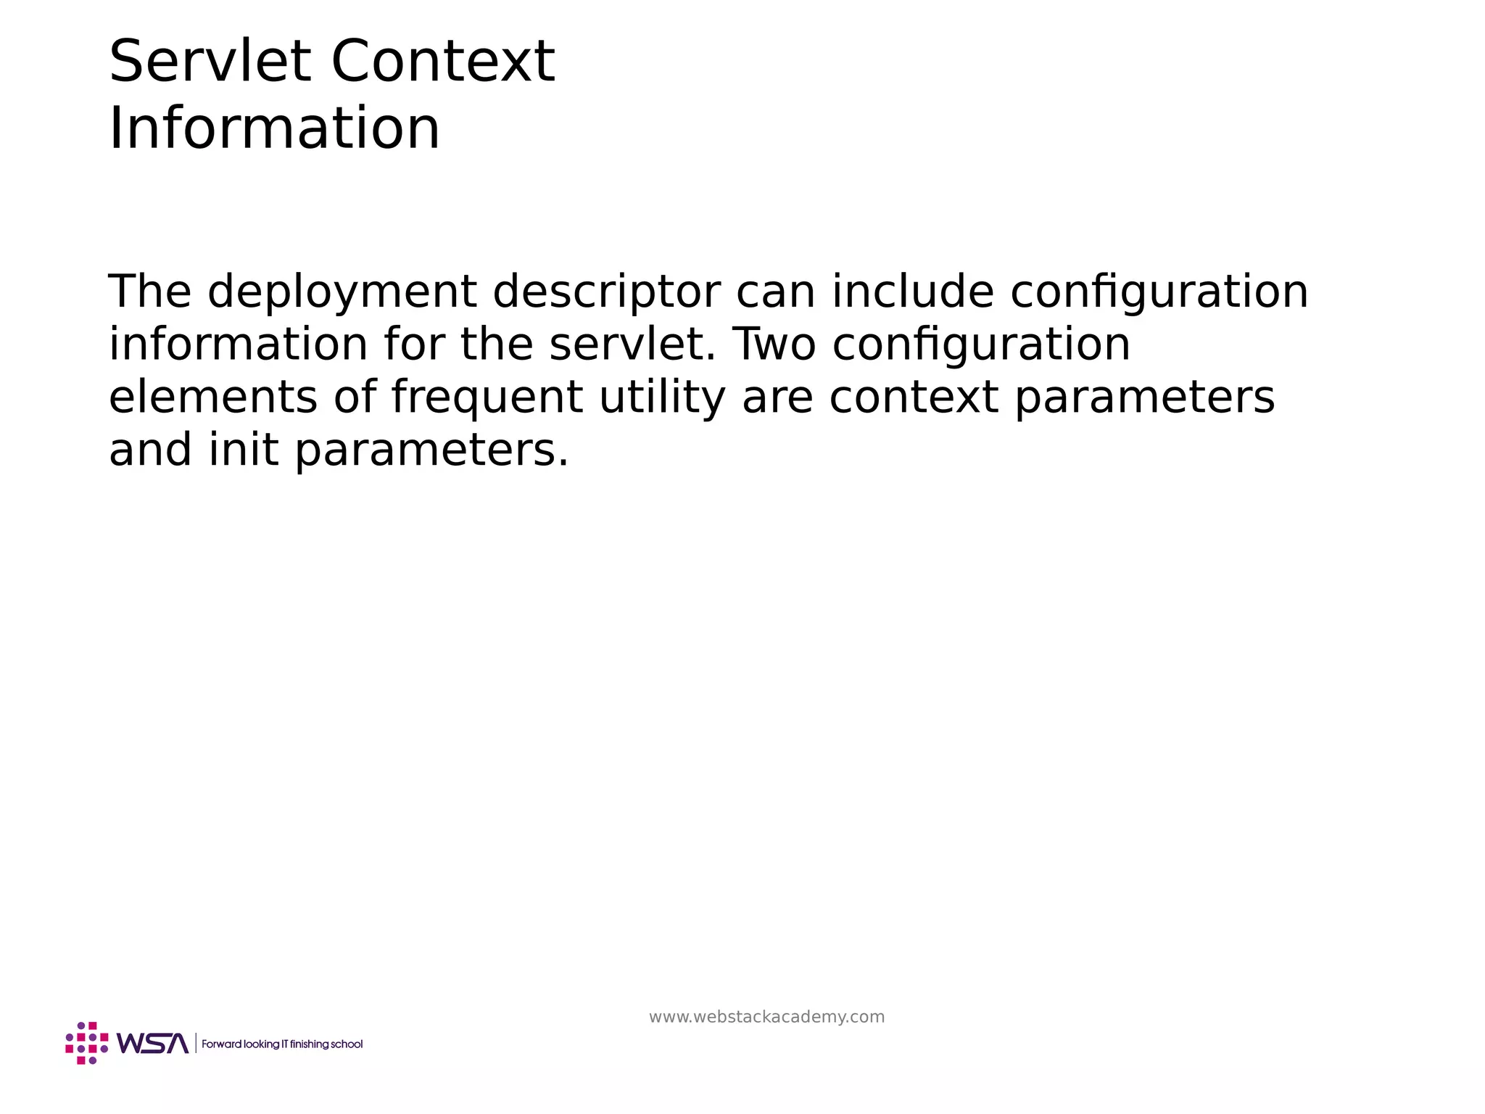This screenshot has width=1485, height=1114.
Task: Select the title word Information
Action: point(274,128)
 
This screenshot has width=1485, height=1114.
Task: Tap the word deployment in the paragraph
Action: point(342,292)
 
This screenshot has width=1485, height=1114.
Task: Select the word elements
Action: point(213,397)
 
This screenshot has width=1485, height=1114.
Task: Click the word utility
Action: point(662,399)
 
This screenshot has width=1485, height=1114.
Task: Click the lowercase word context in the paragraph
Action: point(914,397)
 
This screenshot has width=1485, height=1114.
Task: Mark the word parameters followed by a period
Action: point(431,451)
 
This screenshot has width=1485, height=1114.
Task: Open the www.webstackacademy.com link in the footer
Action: point(766,1017)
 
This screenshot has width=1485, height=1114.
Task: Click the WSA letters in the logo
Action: point(152,1044)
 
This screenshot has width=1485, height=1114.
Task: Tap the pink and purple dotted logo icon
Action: point(87,1043)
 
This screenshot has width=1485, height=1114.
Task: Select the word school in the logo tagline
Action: point(347,1044)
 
